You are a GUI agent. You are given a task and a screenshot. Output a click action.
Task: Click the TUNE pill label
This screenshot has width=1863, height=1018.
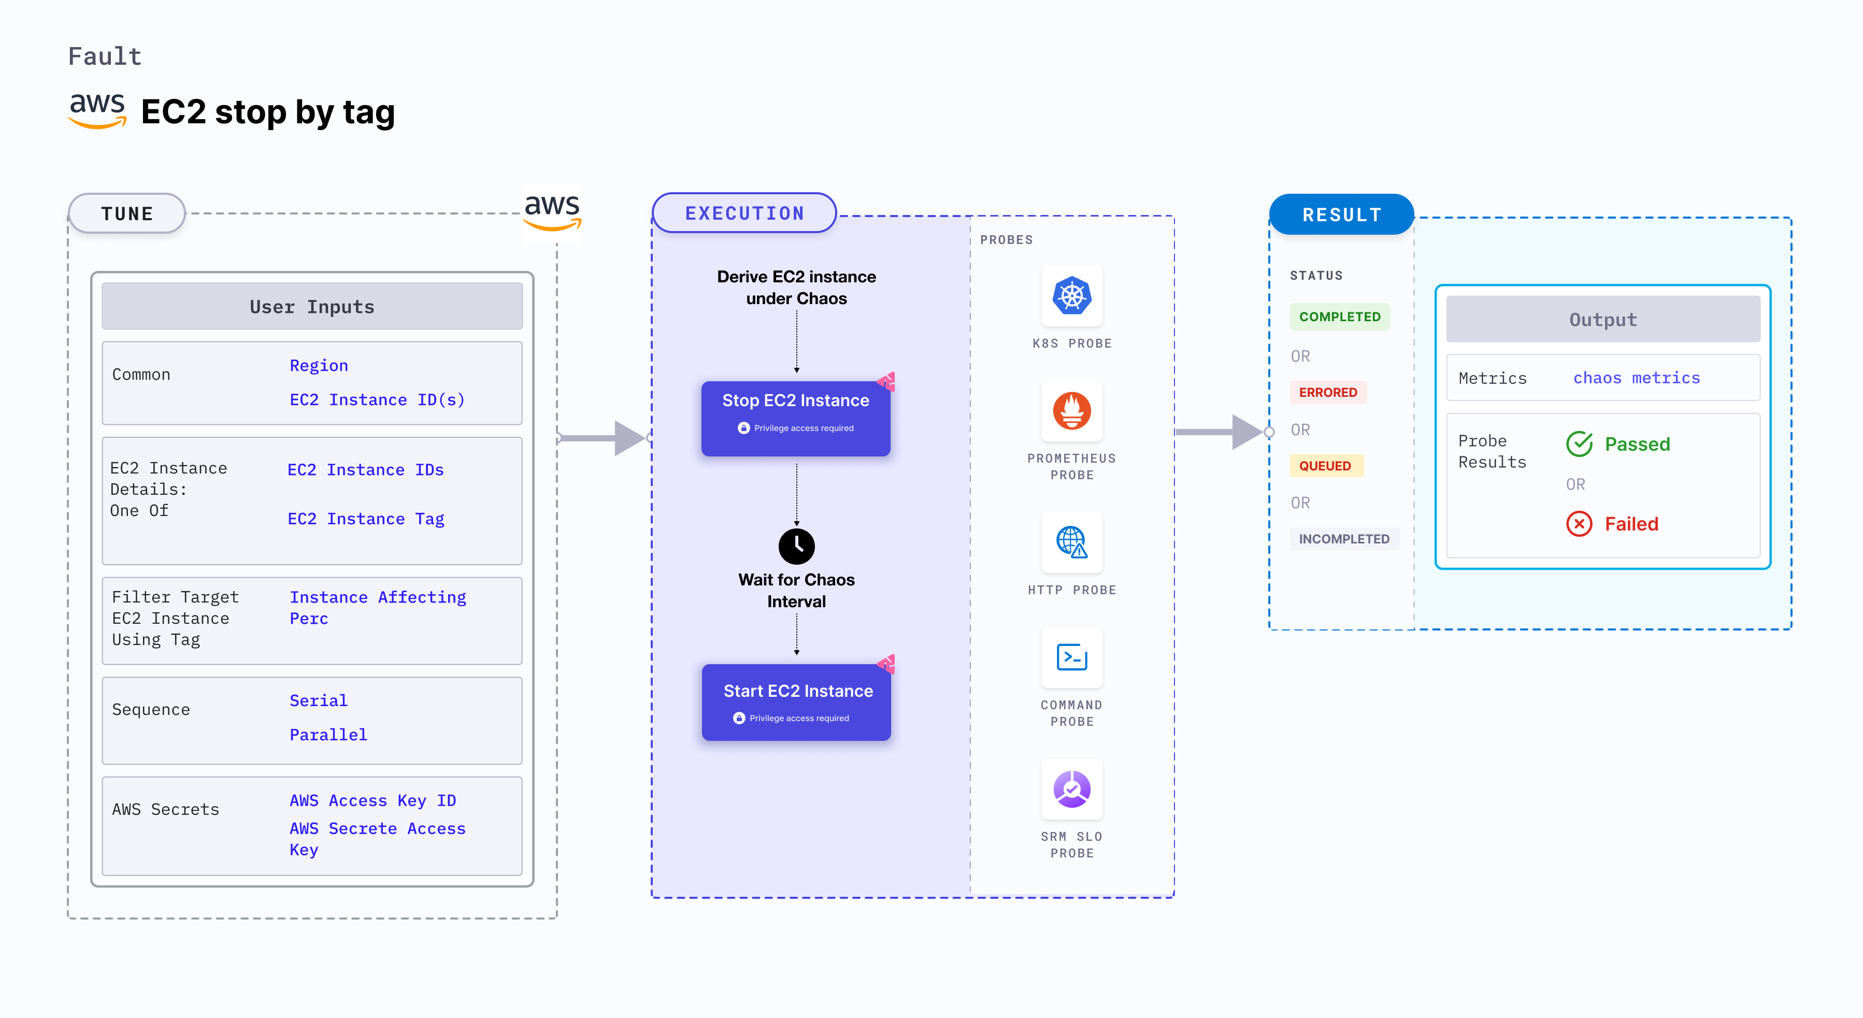tap(127, 214)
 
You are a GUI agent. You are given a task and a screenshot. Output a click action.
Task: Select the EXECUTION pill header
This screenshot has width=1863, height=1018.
tap(744, 213)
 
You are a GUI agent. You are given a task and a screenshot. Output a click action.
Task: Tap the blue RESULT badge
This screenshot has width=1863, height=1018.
tap(1342, 214)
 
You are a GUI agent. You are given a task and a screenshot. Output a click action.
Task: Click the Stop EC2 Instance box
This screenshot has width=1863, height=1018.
tap(796, 418)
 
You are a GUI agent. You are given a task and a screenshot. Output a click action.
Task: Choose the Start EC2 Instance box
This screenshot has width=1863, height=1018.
tap(796, 702)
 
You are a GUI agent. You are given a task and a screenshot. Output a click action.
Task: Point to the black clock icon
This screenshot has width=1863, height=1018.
tap(796, 547)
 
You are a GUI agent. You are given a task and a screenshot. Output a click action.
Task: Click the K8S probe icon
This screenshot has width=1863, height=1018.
tap(1072, 296)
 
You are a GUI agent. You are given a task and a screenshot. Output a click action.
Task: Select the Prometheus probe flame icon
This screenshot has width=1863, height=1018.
tap(1072, 411)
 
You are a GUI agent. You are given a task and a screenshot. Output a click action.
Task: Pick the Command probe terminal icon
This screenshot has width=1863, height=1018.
tap(1072, 657)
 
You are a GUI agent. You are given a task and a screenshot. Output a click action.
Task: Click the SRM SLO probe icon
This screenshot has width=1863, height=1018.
tap(1072, 789)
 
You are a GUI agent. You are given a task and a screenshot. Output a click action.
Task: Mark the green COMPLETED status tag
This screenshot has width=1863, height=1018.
tap(1339, 317)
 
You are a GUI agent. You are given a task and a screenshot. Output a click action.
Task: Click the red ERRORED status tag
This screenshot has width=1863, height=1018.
tap(1328, 393)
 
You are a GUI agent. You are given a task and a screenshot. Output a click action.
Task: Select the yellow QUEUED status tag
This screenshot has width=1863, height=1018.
tap(1325, 466)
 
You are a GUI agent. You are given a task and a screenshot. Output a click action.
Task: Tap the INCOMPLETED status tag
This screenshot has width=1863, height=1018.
tap(1344, 539)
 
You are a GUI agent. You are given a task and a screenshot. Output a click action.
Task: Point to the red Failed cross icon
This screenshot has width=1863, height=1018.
tap(1579, 523)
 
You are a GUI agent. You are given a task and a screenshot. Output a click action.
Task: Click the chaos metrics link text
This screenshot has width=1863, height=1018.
tap(1636, 378)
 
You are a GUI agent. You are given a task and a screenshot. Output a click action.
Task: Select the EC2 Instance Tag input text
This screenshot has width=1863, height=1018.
tap(366, 519)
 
